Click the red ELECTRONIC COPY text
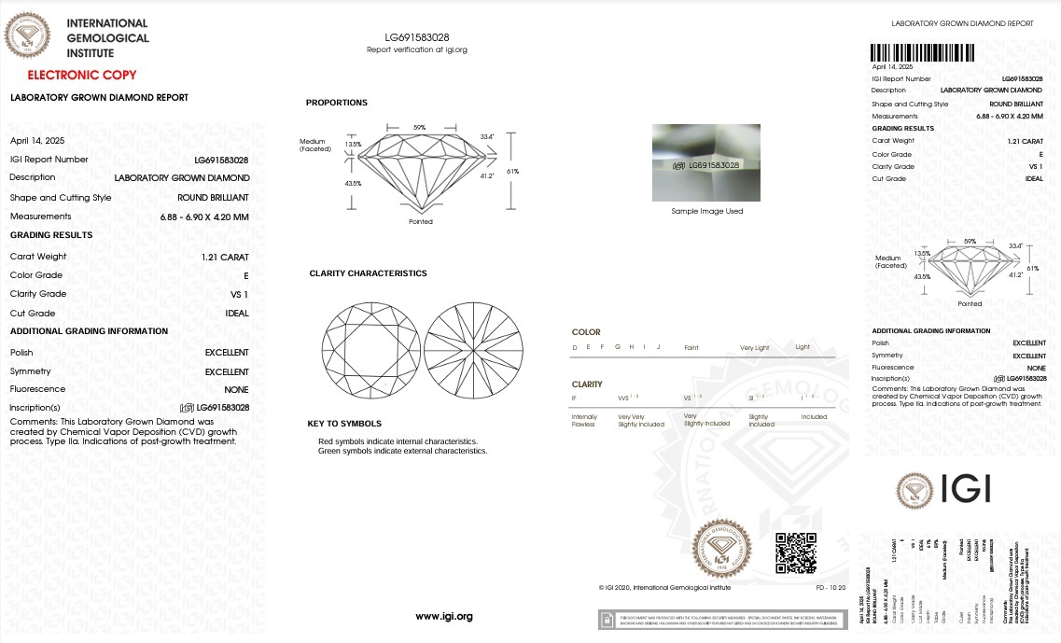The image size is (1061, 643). click(82, 75)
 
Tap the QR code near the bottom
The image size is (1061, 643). click(796, 552)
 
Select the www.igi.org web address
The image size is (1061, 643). click(444, 616)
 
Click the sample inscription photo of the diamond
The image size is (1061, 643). click(705, 162)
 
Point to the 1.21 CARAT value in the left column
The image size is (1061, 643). click(225, 257)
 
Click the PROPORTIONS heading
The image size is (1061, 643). click(337, 103)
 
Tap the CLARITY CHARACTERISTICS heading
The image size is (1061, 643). click(368, 273)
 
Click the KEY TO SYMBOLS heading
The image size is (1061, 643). click(344, 424)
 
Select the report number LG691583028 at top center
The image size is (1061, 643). click(417, 37)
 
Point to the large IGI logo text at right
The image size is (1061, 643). click(964, 489)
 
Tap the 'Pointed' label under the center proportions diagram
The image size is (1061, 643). click(421, 222)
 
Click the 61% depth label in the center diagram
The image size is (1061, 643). click(513, 171)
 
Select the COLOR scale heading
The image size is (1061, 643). click(586, 332)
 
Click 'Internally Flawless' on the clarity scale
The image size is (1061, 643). click(584, 421)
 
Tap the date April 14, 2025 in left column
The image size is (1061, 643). click(33, 141)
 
